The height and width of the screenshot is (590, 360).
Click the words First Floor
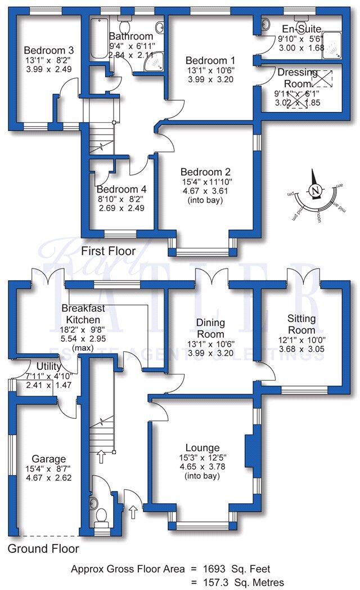click(107, 250)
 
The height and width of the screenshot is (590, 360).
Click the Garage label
click(49, 459)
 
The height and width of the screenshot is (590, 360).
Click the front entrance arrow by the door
click(133, 513)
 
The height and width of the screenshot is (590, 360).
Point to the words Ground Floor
click(43, 548)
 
